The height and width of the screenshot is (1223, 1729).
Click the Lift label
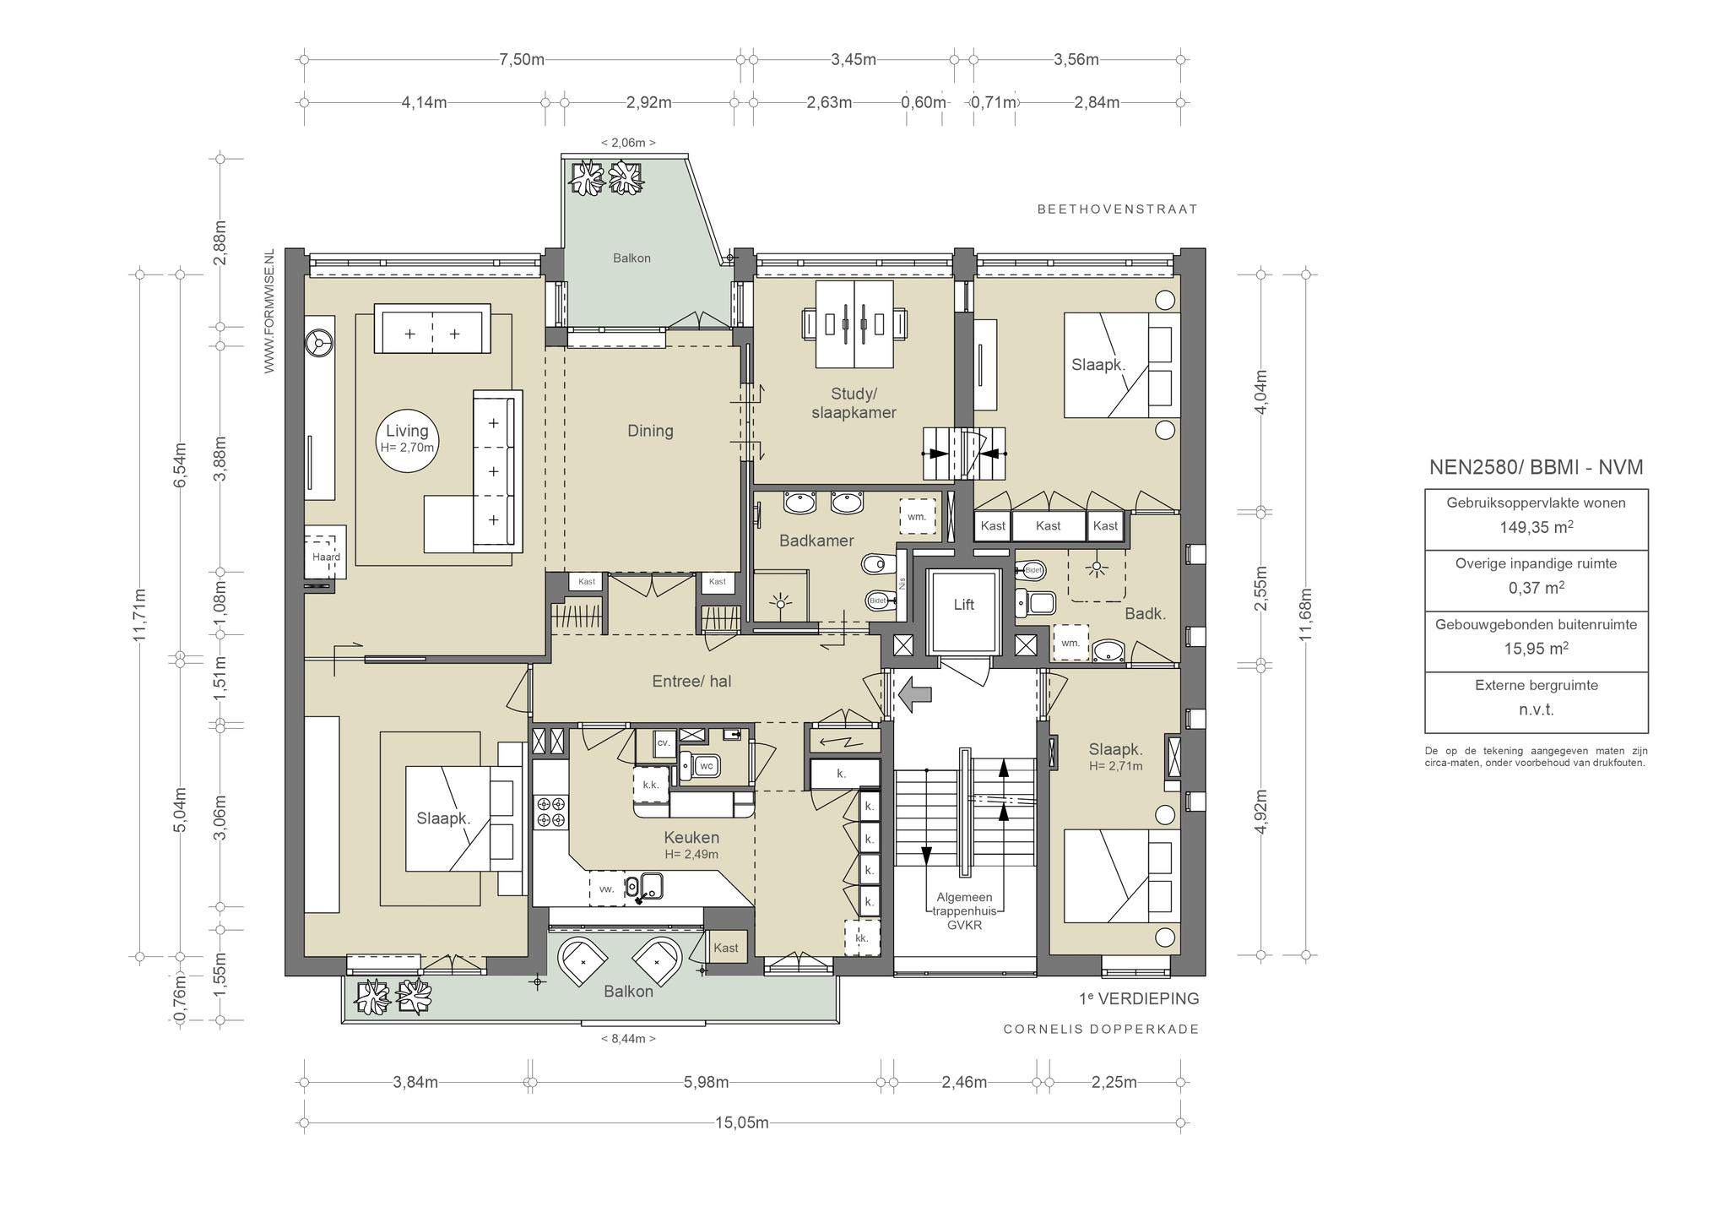(963, 605)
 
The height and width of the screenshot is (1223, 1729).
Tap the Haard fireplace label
(326, 557)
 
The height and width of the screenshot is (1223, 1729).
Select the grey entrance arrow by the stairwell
(915, 694)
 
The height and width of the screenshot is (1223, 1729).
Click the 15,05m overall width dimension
(742, 1122)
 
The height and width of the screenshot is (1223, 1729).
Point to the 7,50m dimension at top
(522, 59)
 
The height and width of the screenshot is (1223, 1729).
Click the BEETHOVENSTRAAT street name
(1117, 209)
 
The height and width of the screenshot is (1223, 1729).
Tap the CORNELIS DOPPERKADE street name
(1101, 1030)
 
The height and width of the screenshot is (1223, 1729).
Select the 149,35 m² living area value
(1537, 527)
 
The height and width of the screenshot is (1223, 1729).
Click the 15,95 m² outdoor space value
(1537, 649)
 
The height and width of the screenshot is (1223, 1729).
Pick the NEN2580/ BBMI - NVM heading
(1536, 467)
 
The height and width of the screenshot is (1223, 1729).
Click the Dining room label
(650, 431)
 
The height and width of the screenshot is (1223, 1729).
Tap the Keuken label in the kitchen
(691, 838)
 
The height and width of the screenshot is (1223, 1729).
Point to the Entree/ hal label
(691, 681)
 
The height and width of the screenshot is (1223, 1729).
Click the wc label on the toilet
(707, 767)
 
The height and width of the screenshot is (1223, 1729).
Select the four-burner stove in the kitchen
(551, 812)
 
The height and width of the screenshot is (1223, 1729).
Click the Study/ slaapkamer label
(854, 403)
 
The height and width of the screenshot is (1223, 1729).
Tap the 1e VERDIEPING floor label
(1139, 998)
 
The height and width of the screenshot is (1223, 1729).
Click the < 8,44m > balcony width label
(628, 1039)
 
